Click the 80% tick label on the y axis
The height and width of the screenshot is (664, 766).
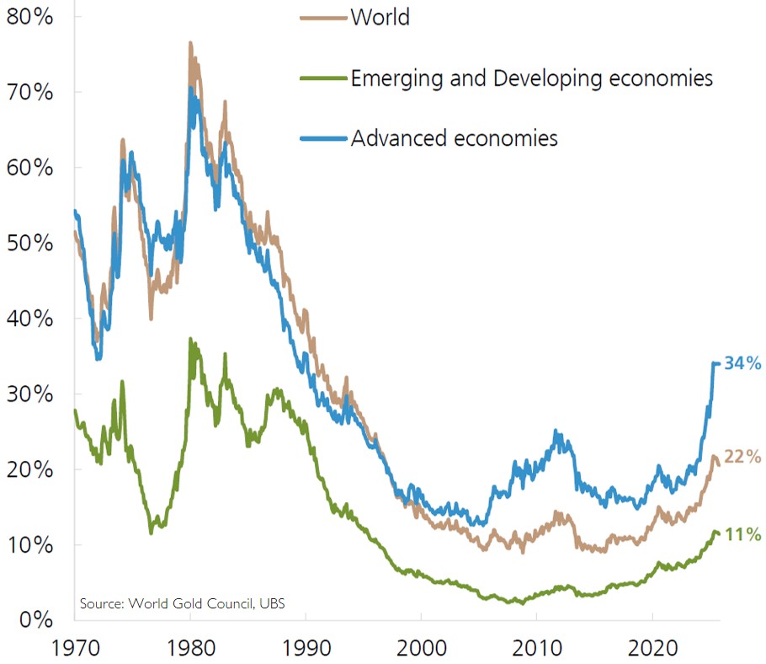(29, 16)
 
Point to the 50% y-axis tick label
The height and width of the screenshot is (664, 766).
(29, 243)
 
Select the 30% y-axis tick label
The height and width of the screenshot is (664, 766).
(29, 394)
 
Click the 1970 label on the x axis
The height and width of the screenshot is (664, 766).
(75, 648)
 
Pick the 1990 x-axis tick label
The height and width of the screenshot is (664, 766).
(306, 648)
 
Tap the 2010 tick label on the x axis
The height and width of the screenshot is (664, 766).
(537, 648)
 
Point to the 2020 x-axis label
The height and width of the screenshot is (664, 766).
(652, 648)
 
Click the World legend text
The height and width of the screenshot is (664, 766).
(380, 17)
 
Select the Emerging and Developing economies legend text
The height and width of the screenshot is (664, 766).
(531, 78)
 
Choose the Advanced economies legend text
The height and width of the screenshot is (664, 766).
(454, 138)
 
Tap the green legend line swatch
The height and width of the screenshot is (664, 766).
(323, 79)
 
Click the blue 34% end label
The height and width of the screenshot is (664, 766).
(743, 364)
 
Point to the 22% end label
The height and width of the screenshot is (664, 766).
(743, 458)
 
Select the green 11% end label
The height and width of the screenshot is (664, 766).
(743, 534)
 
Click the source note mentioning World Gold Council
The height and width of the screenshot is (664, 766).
(188, 603)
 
